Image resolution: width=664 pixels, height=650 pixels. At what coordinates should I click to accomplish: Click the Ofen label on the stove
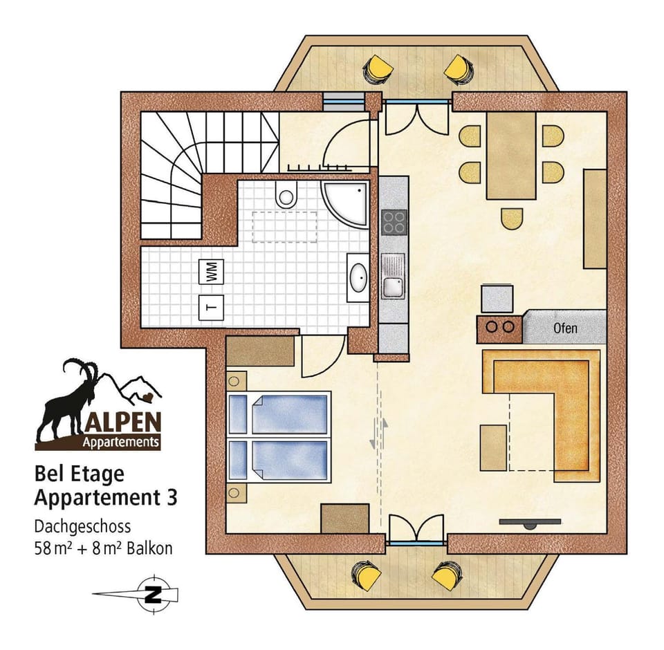(565, 328)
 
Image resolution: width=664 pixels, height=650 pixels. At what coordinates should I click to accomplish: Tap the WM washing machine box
(210, 270)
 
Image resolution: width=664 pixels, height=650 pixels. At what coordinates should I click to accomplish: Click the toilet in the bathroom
(285, 196)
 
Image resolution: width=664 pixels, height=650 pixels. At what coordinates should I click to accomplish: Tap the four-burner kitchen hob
(394, 223)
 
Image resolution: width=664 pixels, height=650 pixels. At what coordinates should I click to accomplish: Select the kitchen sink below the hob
(394, 277)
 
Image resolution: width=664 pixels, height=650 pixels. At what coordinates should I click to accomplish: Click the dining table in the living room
(511, 156)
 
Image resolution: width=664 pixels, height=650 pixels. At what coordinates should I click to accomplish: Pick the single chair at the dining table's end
(512, 219)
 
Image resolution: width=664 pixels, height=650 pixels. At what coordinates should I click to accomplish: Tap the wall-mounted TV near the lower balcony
(529, 523)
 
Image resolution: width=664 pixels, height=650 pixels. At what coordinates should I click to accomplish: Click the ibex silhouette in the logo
(69, 401)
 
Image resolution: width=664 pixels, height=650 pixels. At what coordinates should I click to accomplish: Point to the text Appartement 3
(105, 497)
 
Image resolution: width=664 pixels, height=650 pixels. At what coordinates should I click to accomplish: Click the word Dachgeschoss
(82, 527)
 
